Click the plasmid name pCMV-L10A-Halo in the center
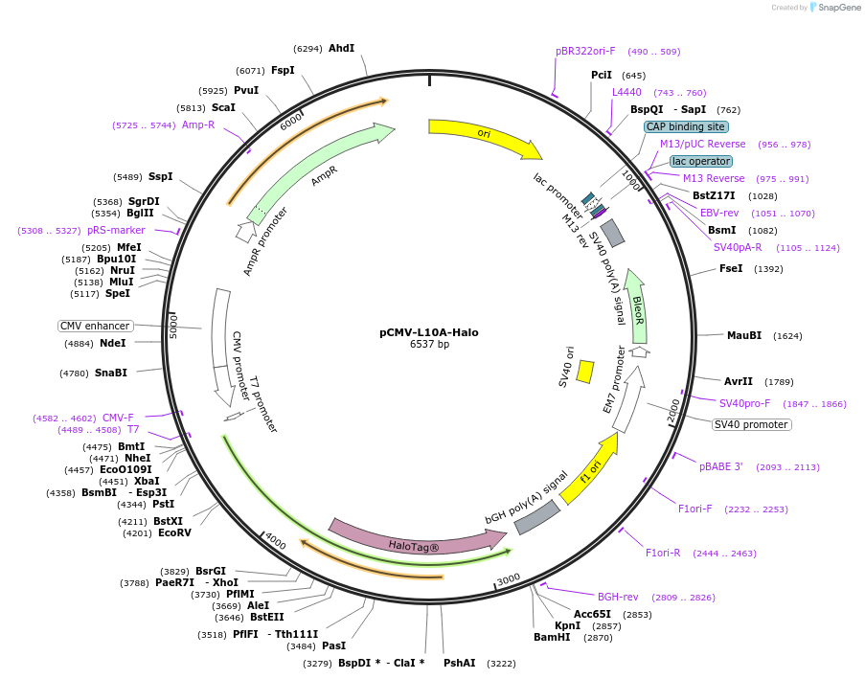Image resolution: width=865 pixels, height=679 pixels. (429, 332)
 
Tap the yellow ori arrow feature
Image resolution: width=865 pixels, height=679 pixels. (484, 136)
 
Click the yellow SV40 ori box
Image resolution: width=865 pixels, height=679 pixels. (584, 372)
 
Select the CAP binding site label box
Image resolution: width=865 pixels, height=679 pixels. (685, 126)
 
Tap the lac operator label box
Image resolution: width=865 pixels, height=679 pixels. (701, 161)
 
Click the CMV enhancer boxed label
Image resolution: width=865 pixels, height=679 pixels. (96, 326)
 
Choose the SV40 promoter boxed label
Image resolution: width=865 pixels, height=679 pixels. (752, 424)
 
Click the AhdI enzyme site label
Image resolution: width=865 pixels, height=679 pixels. (341, 48)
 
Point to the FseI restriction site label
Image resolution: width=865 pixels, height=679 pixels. (731, 269)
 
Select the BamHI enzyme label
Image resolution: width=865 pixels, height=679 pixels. (552, 637)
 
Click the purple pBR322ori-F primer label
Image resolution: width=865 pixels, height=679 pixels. (585, 51)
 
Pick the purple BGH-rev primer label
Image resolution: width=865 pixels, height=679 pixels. (618, 597)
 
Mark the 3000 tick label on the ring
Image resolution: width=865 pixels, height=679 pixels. (508, 578)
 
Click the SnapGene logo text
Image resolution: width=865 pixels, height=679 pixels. (838, 8)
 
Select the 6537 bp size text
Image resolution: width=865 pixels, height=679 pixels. (429, 345)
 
